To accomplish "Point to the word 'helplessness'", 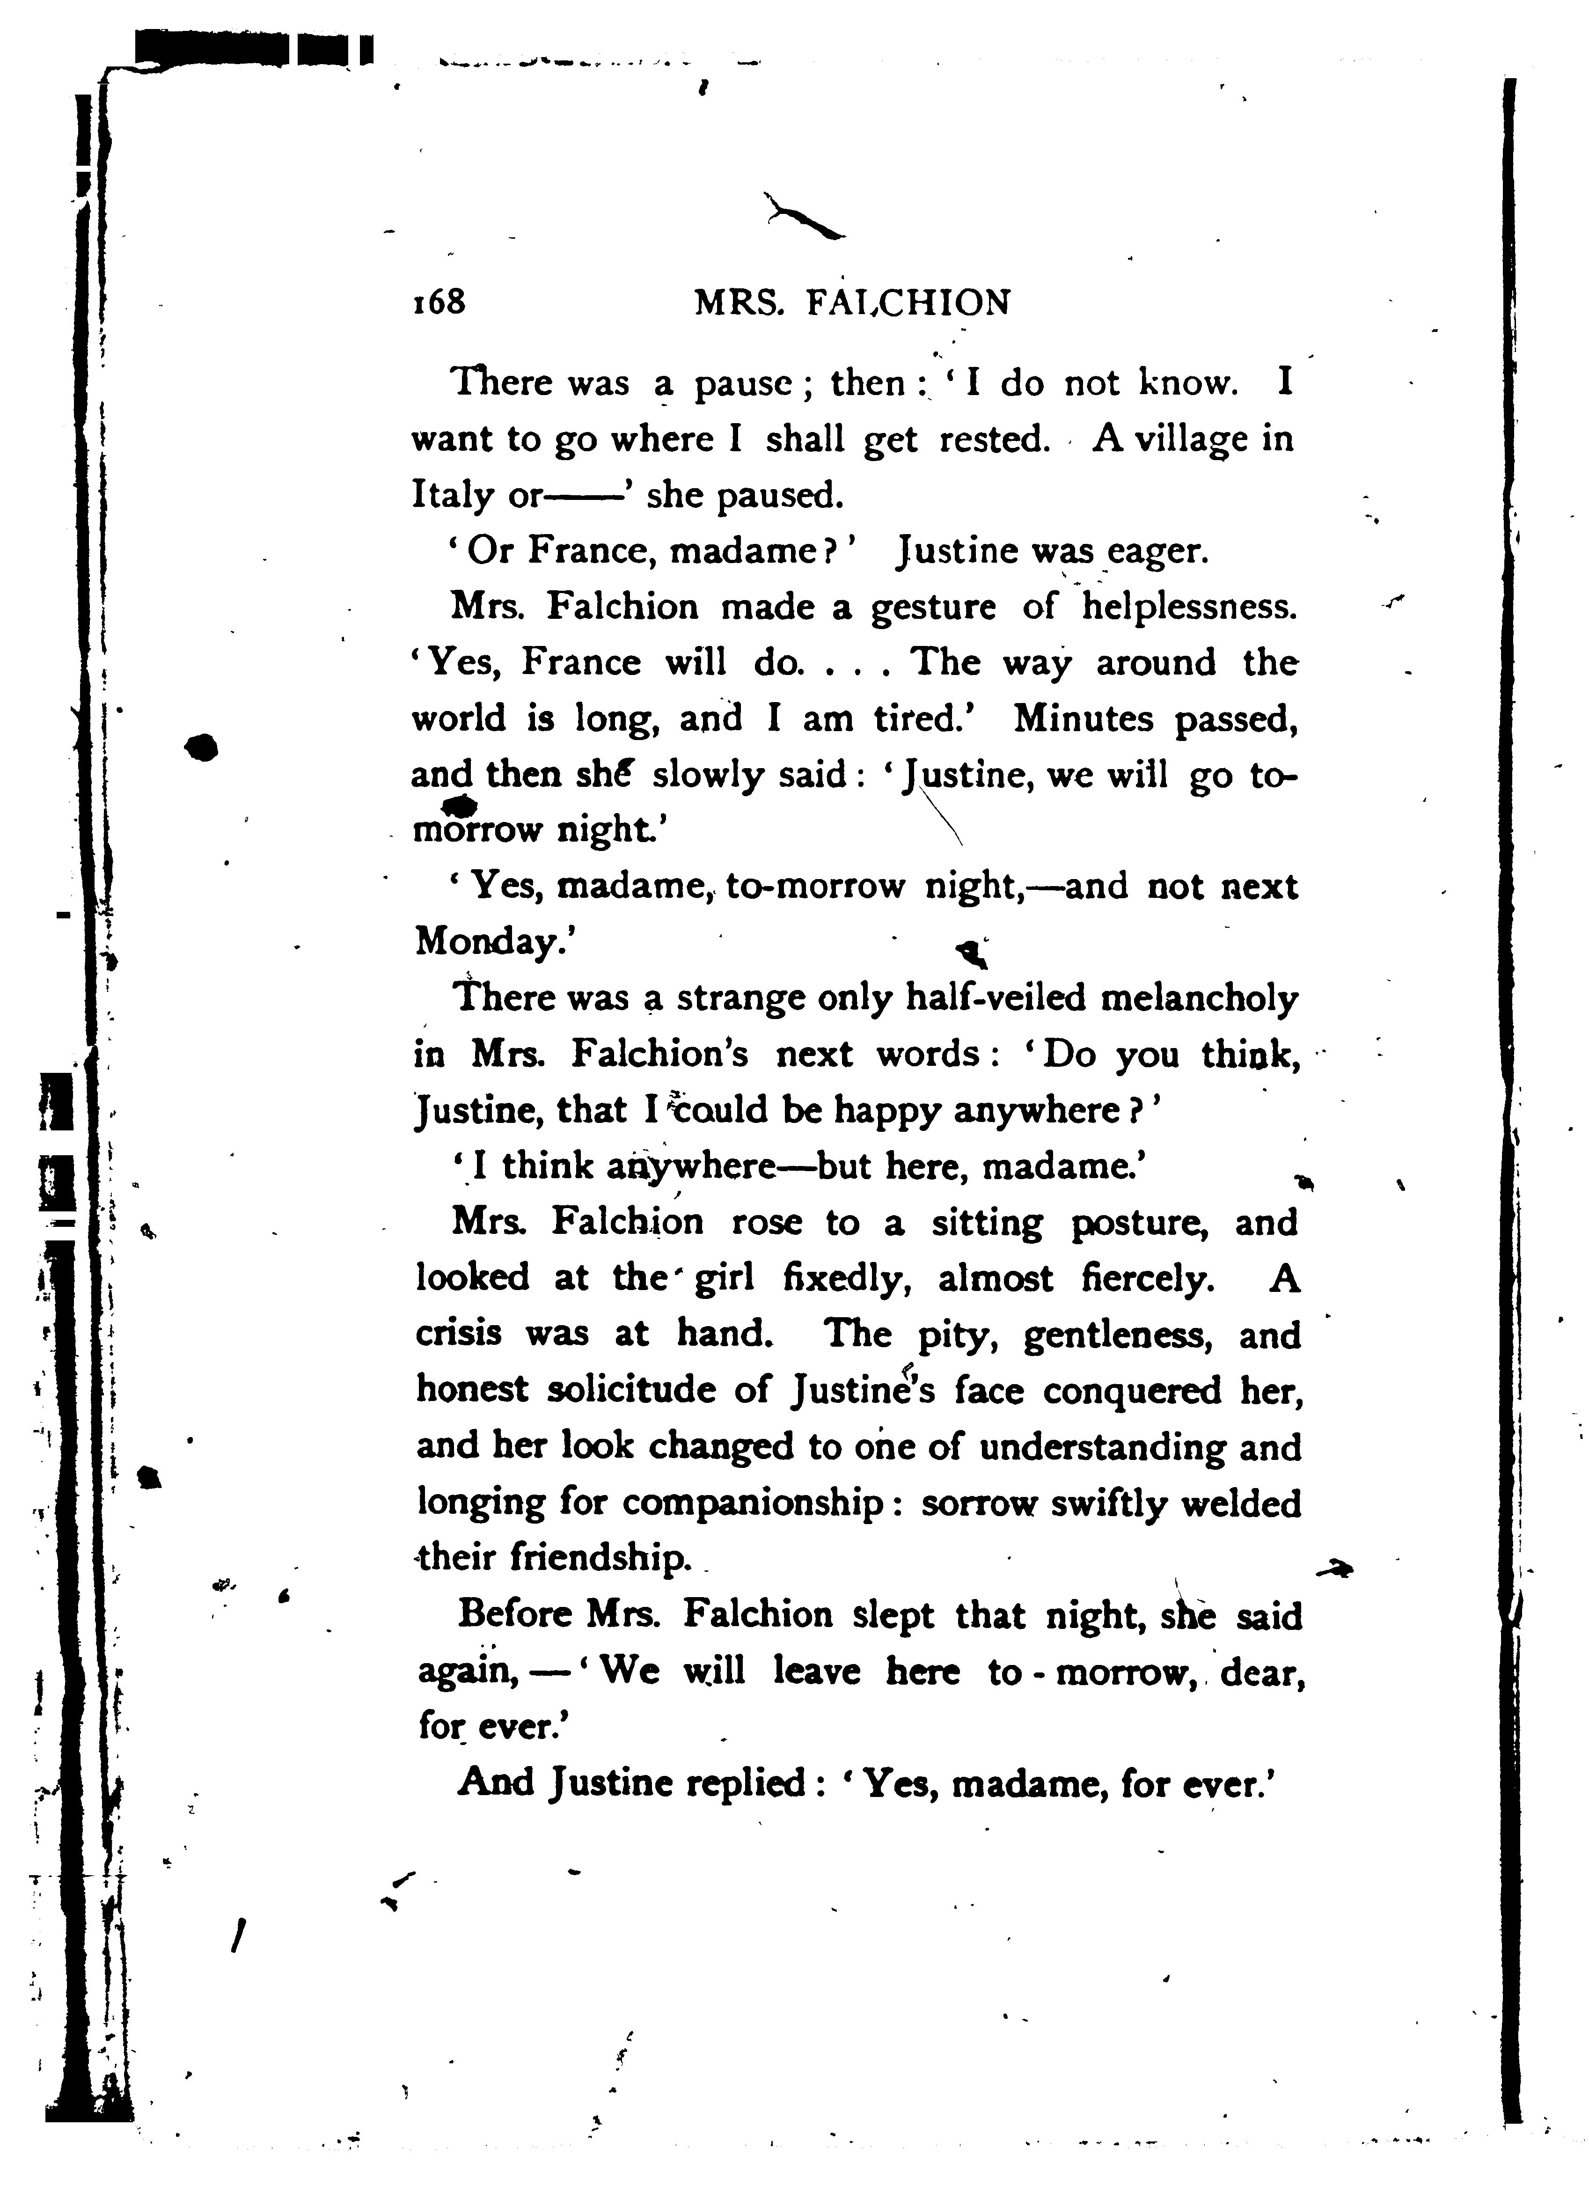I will tap(1188, 607).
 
